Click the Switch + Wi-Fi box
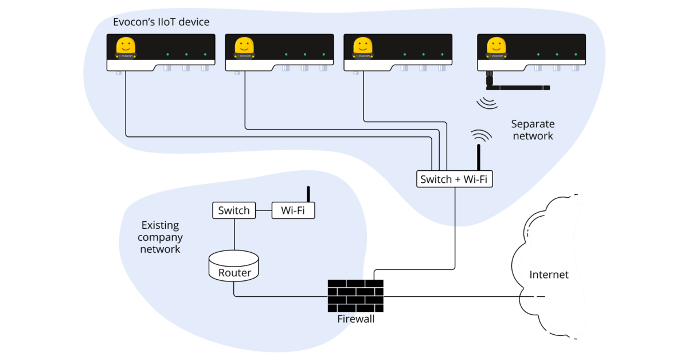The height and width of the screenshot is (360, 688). coord(454,179)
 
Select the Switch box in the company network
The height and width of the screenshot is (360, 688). coord(234,210)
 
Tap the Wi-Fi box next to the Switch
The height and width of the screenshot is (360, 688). coord(293,210)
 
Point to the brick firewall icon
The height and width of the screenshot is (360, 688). coord(345,295)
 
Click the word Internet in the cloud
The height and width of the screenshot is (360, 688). coord(549,275)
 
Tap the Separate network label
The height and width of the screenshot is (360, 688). coord(533,130)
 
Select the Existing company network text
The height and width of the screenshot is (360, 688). coord(161,237)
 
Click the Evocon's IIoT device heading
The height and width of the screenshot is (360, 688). coord(161,22)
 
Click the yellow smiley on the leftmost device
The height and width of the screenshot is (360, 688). coord(126,46)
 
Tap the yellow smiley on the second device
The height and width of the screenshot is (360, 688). coord(244,46)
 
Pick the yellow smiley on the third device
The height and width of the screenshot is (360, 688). coord(362,46)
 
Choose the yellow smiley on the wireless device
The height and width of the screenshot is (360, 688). coord(496,46)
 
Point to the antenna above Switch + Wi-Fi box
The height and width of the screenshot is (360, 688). coord(478,157)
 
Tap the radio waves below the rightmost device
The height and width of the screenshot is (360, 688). coord(487,103)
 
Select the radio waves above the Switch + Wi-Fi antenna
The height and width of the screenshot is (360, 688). coord(482,135)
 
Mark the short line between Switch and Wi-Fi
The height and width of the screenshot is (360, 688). coord(263,210)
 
